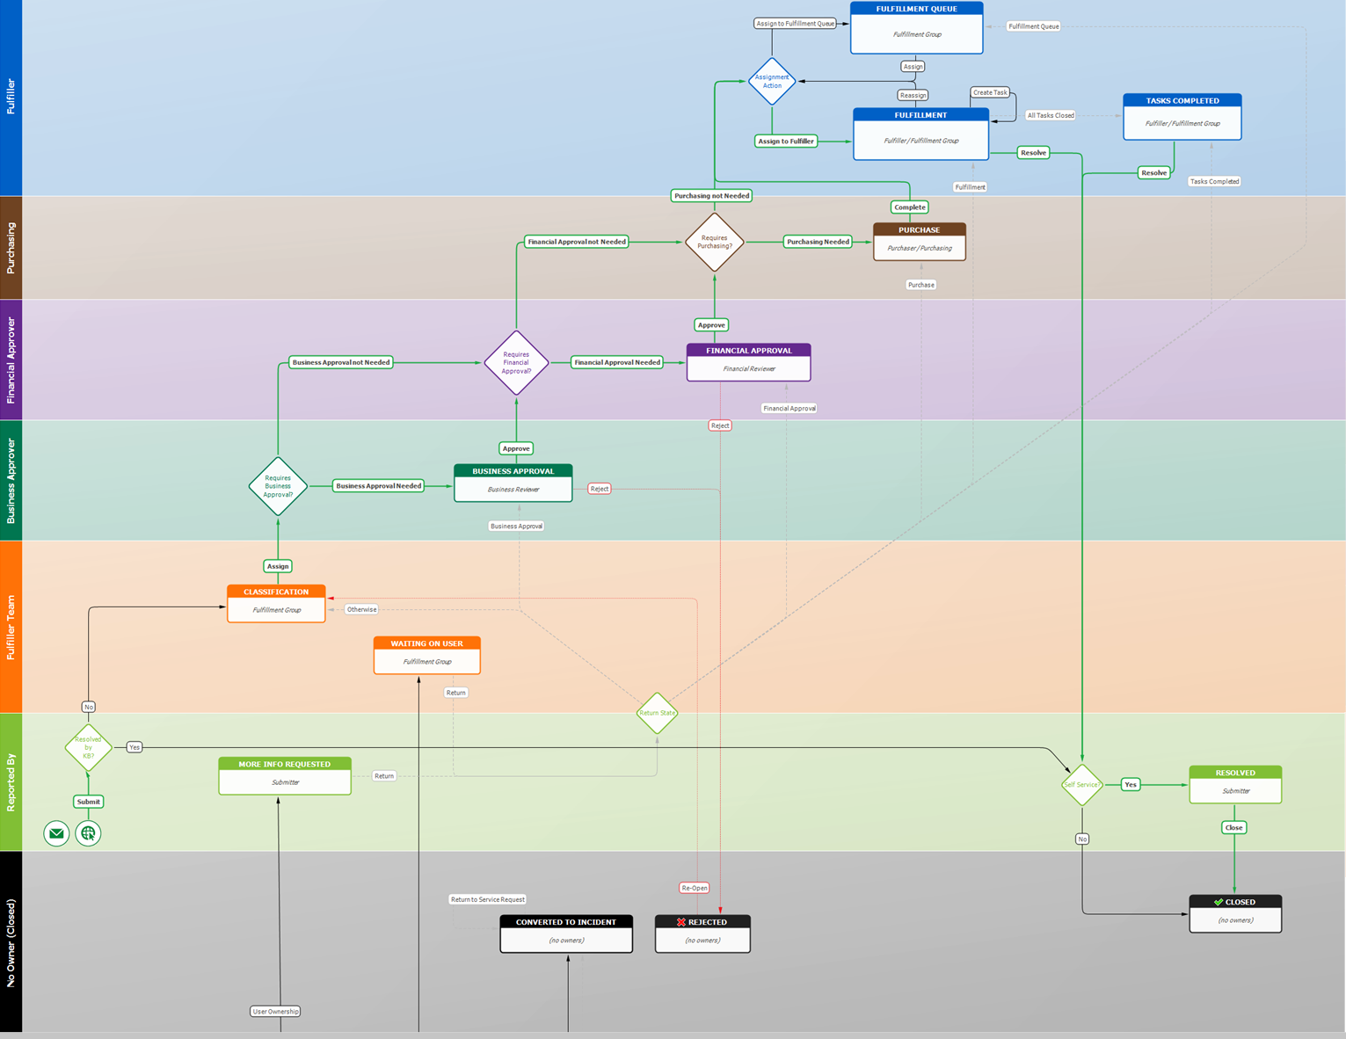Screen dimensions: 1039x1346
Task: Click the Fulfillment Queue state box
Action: pos(916,28)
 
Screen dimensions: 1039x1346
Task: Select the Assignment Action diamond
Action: pos(772,82)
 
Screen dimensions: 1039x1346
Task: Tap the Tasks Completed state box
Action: pos(1182,117)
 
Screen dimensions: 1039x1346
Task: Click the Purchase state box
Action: pos(919,242)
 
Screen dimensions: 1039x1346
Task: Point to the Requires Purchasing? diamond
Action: pos(714,242)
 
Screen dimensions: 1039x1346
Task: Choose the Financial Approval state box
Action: pos(748,362)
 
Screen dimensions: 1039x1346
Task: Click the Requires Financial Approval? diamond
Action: pos(516,363)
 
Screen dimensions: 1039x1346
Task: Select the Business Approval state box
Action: pos(513,483)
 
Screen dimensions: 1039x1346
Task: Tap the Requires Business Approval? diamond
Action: pos(278,486)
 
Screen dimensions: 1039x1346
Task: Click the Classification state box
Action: pos(276,604)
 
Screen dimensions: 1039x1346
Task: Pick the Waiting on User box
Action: pos(426,656)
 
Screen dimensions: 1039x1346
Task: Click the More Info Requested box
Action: pos(284,776)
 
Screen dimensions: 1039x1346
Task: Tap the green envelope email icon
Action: pos(56,833)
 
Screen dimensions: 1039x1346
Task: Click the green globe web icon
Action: pos(88,833)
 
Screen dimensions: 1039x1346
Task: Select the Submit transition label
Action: pos(88,802)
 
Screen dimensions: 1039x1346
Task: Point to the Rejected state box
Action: pos(702,934)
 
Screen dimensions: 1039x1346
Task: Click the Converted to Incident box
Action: pos(566,934)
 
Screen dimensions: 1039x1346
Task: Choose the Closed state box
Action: pos(1234,913)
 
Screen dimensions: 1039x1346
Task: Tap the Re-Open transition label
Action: pos(695,888)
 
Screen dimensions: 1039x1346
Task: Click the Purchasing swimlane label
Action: pos(11,248)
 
